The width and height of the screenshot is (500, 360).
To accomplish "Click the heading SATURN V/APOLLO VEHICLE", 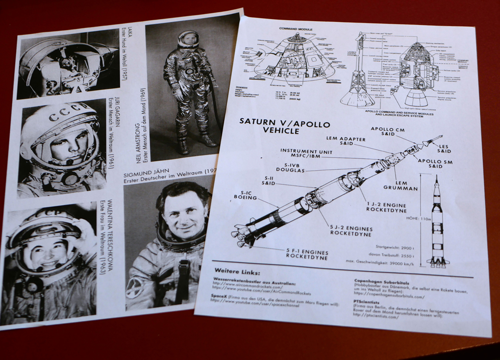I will coord(285,126).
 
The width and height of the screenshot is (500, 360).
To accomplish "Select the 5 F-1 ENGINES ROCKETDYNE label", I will coord(307,254).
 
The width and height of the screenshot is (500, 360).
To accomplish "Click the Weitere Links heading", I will coord(237,272).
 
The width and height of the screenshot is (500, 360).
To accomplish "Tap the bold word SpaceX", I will coord(219,296).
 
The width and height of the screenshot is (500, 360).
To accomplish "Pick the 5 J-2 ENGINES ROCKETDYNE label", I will coord(350,231).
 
